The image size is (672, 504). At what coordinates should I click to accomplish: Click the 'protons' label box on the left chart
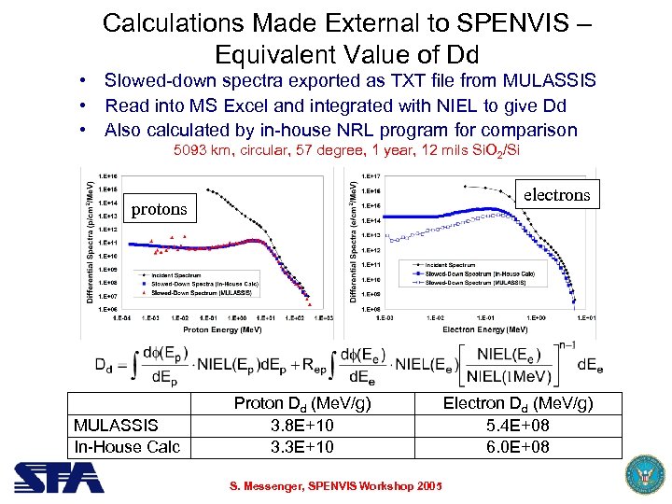159,209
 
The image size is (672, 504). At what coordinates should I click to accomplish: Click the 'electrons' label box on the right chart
556,195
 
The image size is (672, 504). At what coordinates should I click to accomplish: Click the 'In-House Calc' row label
127,446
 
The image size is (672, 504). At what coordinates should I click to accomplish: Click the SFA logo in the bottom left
58,478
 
